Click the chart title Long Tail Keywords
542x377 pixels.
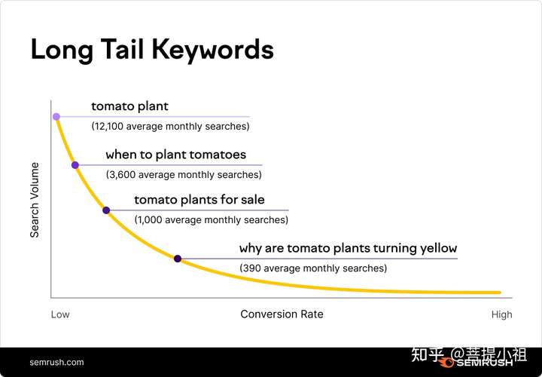pos(152,51)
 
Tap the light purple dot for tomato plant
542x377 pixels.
pos(56,117)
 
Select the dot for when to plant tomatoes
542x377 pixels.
pos(75,165)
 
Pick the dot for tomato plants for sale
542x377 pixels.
pos(106,210)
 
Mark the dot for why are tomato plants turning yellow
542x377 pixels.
pos(178,259)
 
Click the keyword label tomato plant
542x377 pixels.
pos(130,106)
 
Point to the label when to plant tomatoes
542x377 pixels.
pos(176,155)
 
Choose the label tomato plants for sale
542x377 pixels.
pos(199,200)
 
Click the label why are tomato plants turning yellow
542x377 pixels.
pos(348,248)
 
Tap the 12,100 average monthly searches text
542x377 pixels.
pos(170,127)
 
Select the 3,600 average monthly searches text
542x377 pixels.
pos(184,175)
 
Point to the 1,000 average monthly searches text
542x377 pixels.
pos(212,220)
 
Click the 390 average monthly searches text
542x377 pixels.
pos(313,268)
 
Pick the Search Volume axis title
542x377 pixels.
pos(35,200)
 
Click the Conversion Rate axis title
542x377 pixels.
pos(282,314)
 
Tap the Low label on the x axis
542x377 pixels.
pos(60,314)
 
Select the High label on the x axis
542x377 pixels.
pos(502,315)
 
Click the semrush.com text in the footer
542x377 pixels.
pos(56,363)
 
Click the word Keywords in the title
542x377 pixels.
pos(213,51)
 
